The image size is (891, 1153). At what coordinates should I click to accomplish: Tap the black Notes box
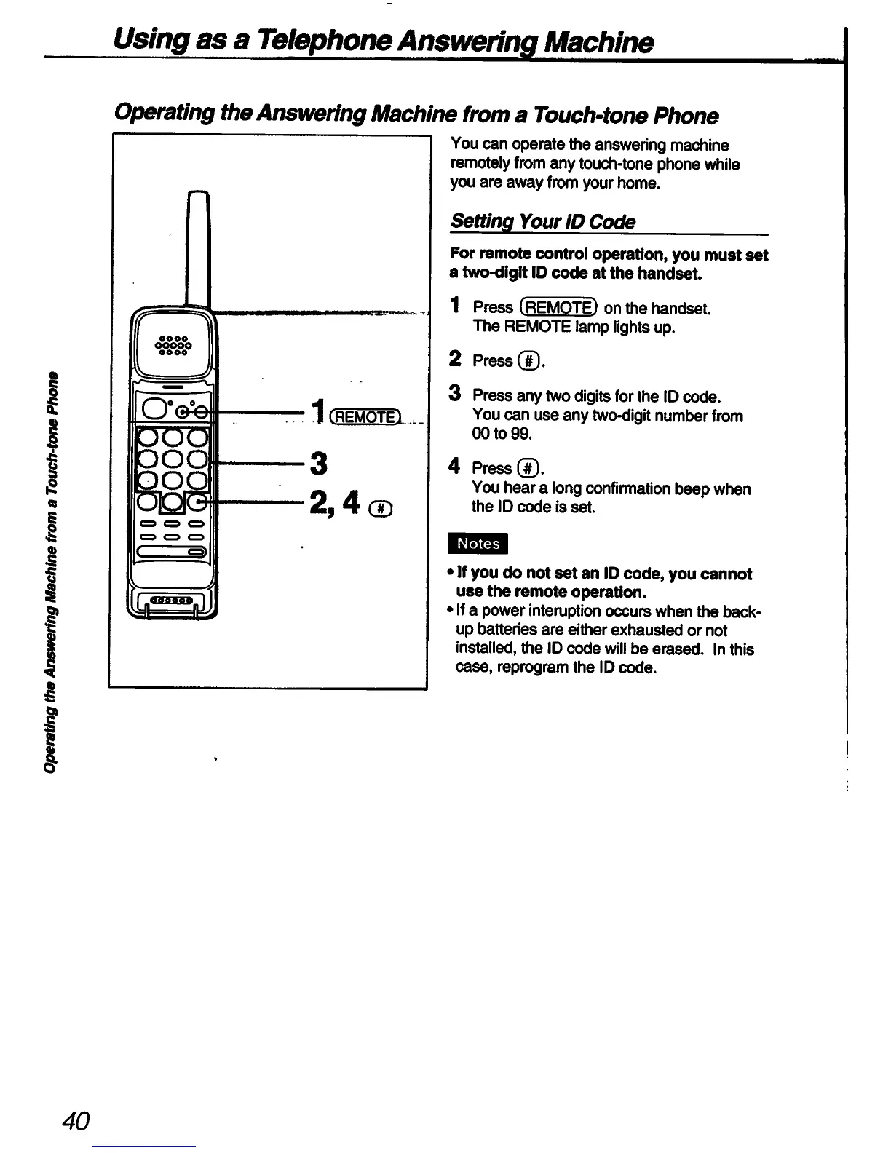(x=479, y=544)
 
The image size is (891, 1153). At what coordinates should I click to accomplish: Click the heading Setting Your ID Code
(x=543, y=222)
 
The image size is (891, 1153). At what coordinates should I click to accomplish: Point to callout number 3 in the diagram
(x=318, y=462)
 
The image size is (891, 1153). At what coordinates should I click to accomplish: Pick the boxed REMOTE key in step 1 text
(x=559, y=308)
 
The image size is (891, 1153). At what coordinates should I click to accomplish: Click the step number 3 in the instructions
(x=455, y=395)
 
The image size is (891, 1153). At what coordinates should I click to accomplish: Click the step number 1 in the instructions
(x=455, y=306)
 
